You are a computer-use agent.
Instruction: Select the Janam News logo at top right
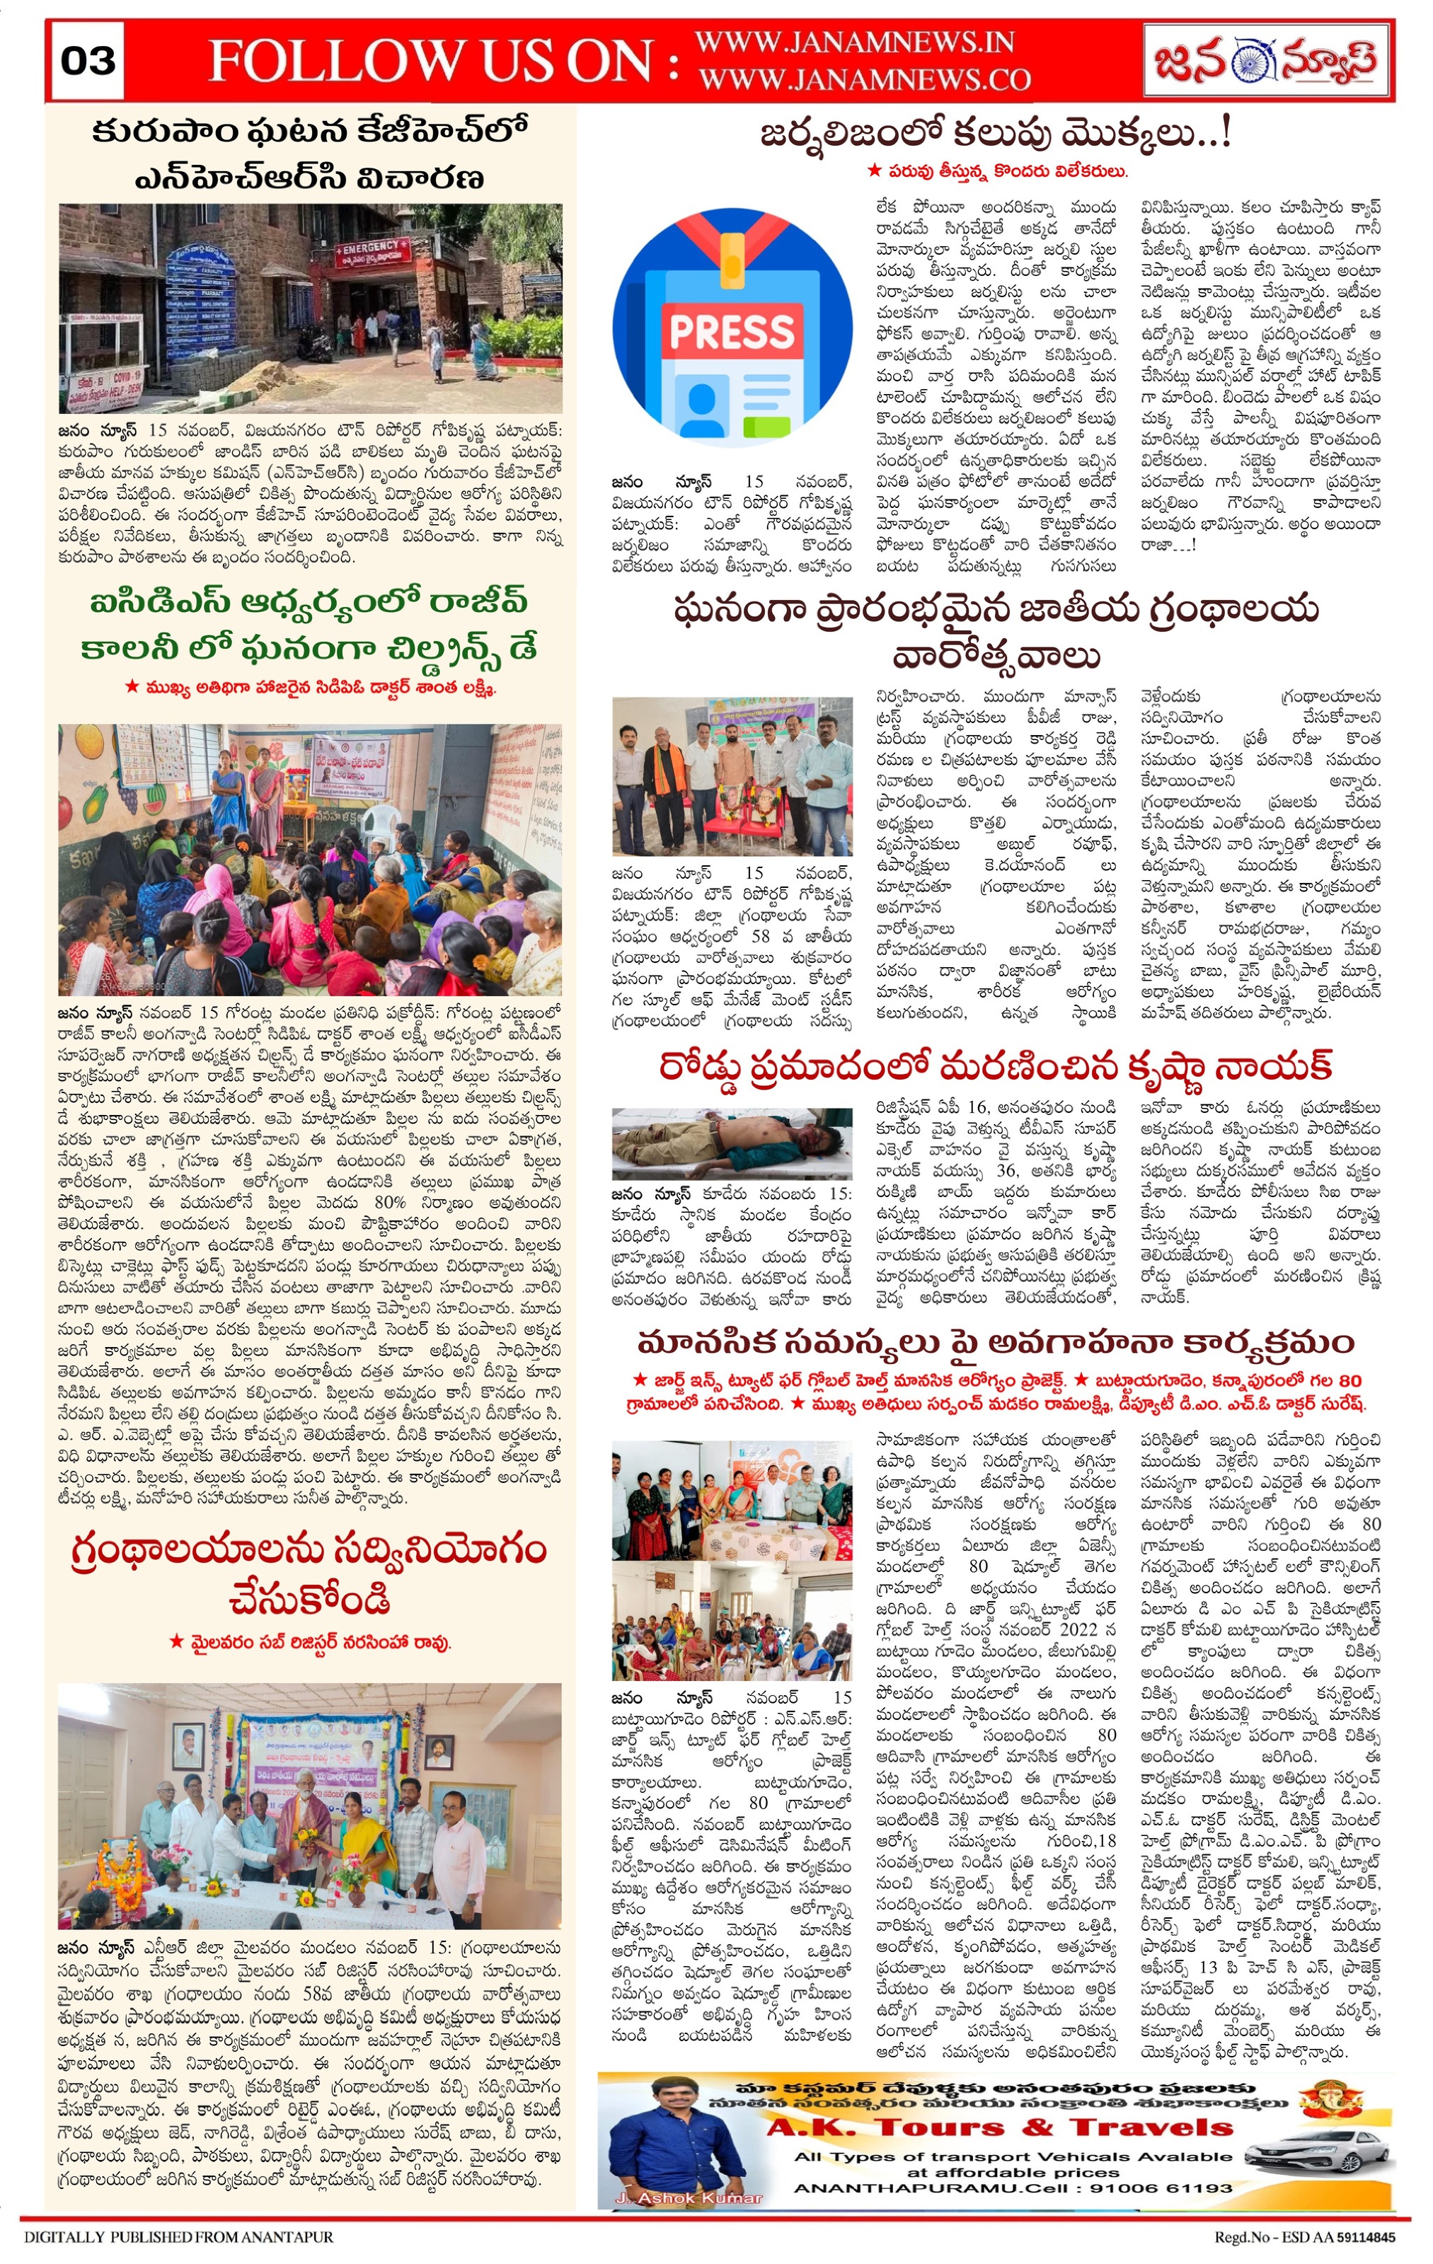coord(1265,60)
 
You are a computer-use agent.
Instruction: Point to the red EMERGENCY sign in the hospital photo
coord(371,248)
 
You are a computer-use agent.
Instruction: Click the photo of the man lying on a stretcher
coord(732,1143)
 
